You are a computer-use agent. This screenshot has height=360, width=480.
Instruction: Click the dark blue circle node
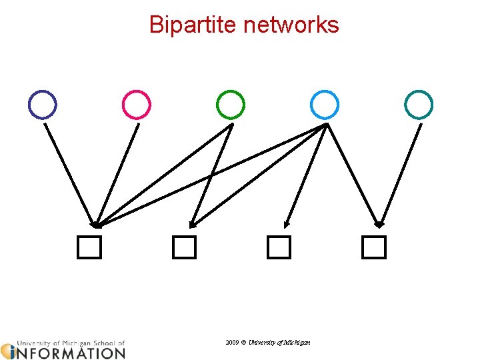[43, 105]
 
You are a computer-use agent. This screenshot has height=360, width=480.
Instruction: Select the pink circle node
[137, 105]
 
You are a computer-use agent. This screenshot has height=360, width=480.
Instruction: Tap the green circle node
[231, 105]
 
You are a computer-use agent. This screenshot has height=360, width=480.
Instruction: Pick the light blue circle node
[325, 105]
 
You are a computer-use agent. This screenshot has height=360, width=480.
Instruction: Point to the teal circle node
[419, 105]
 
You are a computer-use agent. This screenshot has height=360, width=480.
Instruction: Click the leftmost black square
[89, 247]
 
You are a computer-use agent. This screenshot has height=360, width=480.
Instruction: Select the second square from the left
[184, 247]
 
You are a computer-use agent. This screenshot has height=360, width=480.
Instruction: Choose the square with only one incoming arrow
[279, 247]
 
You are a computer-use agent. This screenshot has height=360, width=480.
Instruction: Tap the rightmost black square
[374, 247]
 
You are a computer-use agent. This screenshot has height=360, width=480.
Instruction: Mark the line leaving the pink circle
[118, 173]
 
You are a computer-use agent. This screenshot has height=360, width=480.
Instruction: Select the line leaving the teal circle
[401, 173]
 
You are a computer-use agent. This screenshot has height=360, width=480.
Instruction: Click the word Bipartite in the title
[193, 25]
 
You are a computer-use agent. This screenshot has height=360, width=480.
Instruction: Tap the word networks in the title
[291, 25]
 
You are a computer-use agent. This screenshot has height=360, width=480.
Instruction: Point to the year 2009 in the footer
[232, 342]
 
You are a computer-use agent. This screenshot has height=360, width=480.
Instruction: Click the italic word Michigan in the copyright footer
[296, 342]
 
